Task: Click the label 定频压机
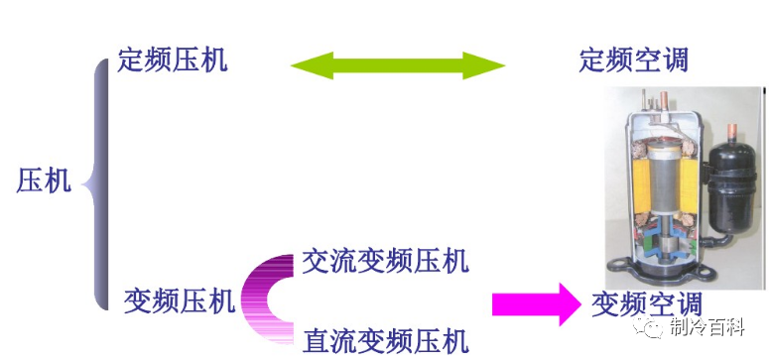(x=172, y=60)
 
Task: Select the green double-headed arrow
(x=398, y=66)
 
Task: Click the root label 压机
(x=44, y=180)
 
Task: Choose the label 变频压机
(x=180, y=300)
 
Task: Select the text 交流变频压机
(x=385, y=262)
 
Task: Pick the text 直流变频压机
(x=385, y=342)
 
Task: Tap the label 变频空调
(x=646, y=303)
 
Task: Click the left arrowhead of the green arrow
(x=304, y=66)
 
